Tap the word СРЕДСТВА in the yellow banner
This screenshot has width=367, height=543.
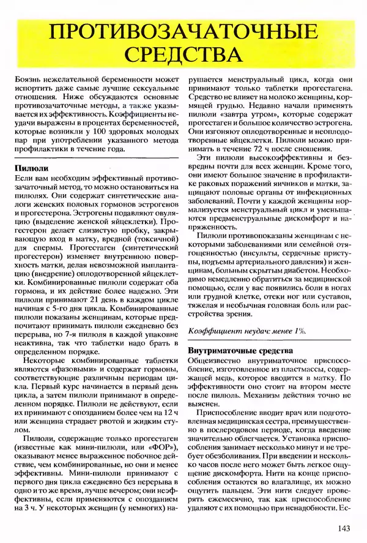point(183,54)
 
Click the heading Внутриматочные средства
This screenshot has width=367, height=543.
point(239,350)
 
